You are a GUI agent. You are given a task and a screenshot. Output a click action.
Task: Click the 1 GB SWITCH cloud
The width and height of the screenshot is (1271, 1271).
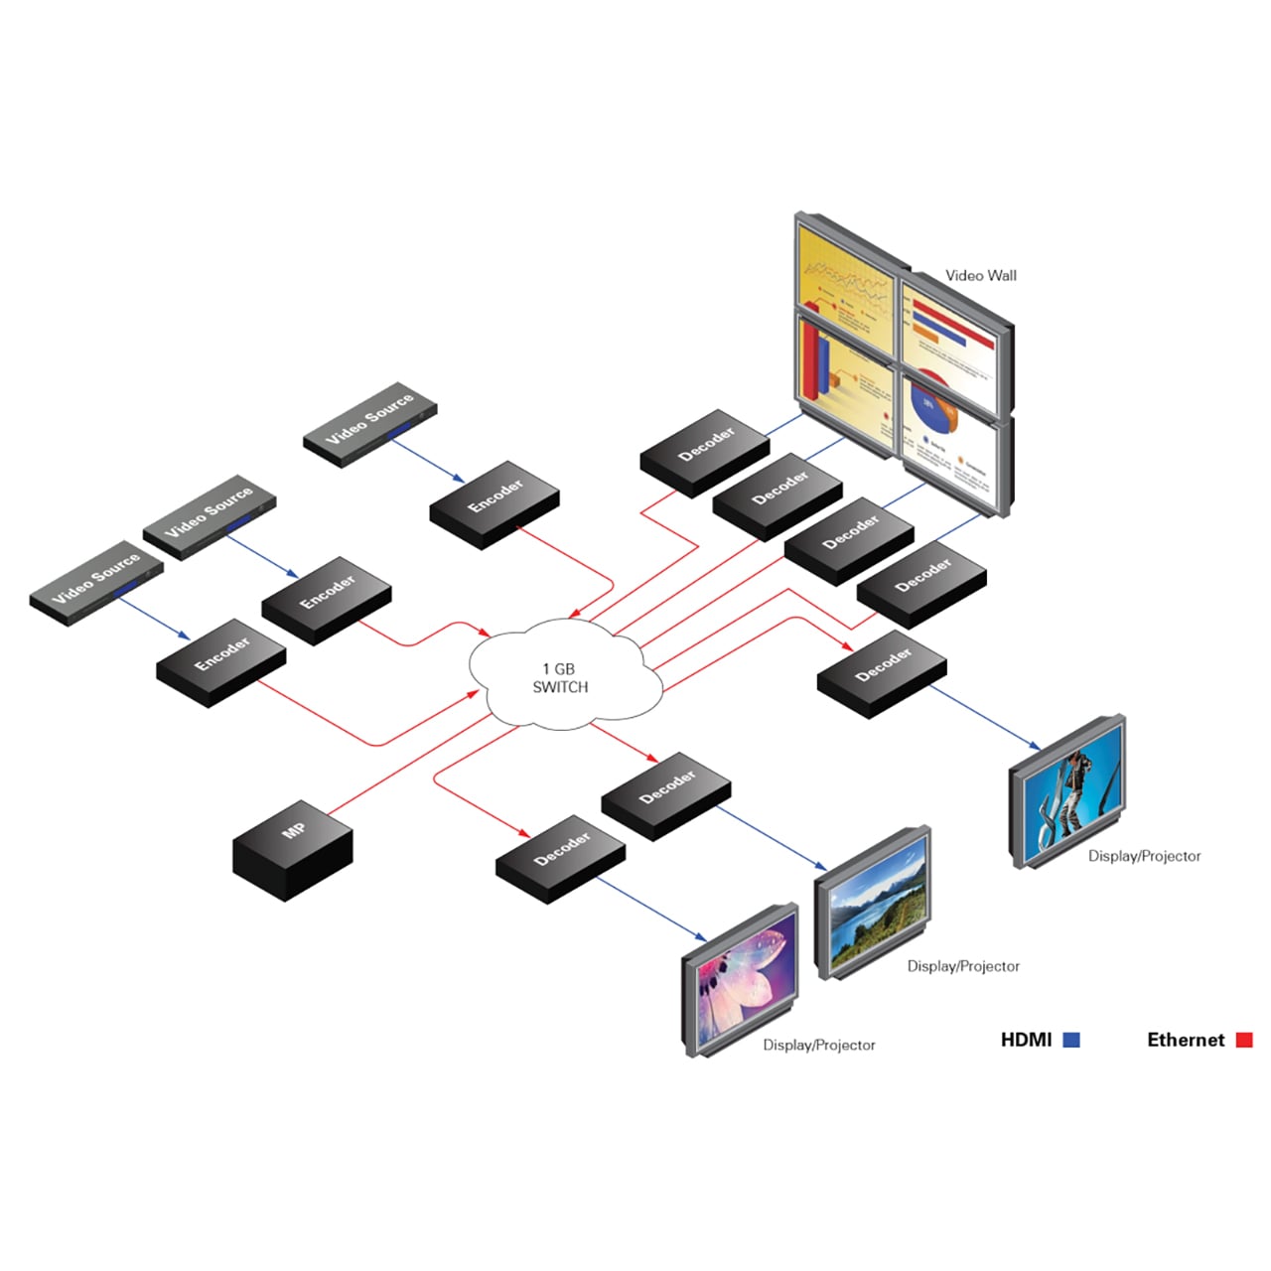[563, 675]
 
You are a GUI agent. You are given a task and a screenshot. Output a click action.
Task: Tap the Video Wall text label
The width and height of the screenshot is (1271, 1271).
[980, 275]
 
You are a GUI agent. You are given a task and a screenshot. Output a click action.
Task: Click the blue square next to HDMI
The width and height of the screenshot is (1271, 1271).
[1071, 1040]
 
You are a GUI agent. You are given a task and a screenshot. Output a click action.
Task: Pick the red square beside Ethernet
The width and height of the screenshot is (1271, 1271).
[1244, 1040]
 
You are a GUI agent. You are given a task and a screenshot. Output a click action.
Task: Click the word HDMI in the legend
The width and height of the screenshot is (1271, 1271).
[1026, 1040]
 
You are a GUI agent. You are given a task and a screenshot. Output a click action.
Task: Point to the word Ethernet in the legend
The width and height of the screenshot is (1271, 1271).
[1186, 1040]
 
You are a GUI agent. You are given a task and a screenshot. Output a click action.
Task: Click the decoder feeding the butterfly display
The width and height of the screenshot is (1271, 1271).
[561, 858]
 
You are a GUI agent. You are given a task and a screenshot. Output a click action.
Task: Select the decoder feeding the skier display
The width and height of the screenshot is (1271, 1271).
[882, 672]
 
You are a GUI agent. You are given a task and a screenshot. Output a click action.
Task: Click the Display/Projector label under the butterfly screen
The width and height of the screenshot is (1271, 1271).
[819, 1045]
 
